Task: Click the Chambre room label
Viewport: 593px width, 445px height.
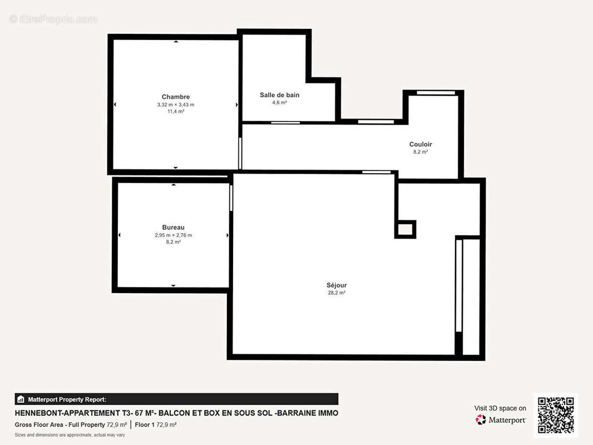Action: (x=176, y=97)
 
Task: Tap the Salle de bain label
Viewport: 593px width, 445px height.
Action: (x=279, y=95)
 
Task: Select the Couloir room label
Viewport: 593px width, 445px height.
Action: (x=421, y=145)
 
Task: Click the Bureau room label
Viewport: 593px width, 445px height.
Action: (x=173, y=228)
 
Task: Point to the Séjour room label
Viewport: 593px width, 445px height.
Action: (x=337, y=285)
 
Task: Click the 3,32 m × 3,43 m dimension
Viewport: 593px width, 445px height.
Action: (x=176, y=105)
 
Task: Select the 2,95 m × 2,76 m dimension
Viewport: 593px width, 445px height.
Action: (x=173, y=235)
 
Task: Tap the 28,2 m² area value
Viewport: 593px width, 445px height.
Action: (x=337, y=293)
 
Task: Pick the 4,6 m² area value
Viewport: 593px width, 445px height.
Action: (x=279, y=103)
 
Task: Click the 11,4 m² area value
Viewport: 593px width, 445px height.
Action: (x=176, y=111)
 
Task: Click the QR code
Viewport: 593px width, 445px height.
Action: (x=556, y=415)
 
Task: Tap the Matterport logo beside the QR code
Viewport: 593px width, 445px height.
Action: (x=501, y=420)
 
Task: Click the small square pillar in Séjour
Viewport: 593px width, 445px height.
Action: (x=406, y=229)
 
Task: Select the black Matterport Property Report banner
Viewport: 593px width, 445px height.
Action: (x=176, y=399)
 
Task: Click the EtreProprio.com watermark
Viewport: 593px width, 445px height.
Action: (x=53, y=19)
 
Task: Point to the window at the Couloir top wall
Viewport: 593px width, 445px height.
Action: (x=436, y=92)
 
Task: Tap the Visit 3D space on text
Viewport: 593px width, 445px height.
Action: (x=500, y=408)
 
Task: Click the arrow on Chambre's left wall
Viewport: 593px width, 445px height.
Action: (x=115, y=105)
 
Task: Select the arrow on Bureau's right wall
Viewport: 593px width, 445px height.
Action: (x=228, y=235)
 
